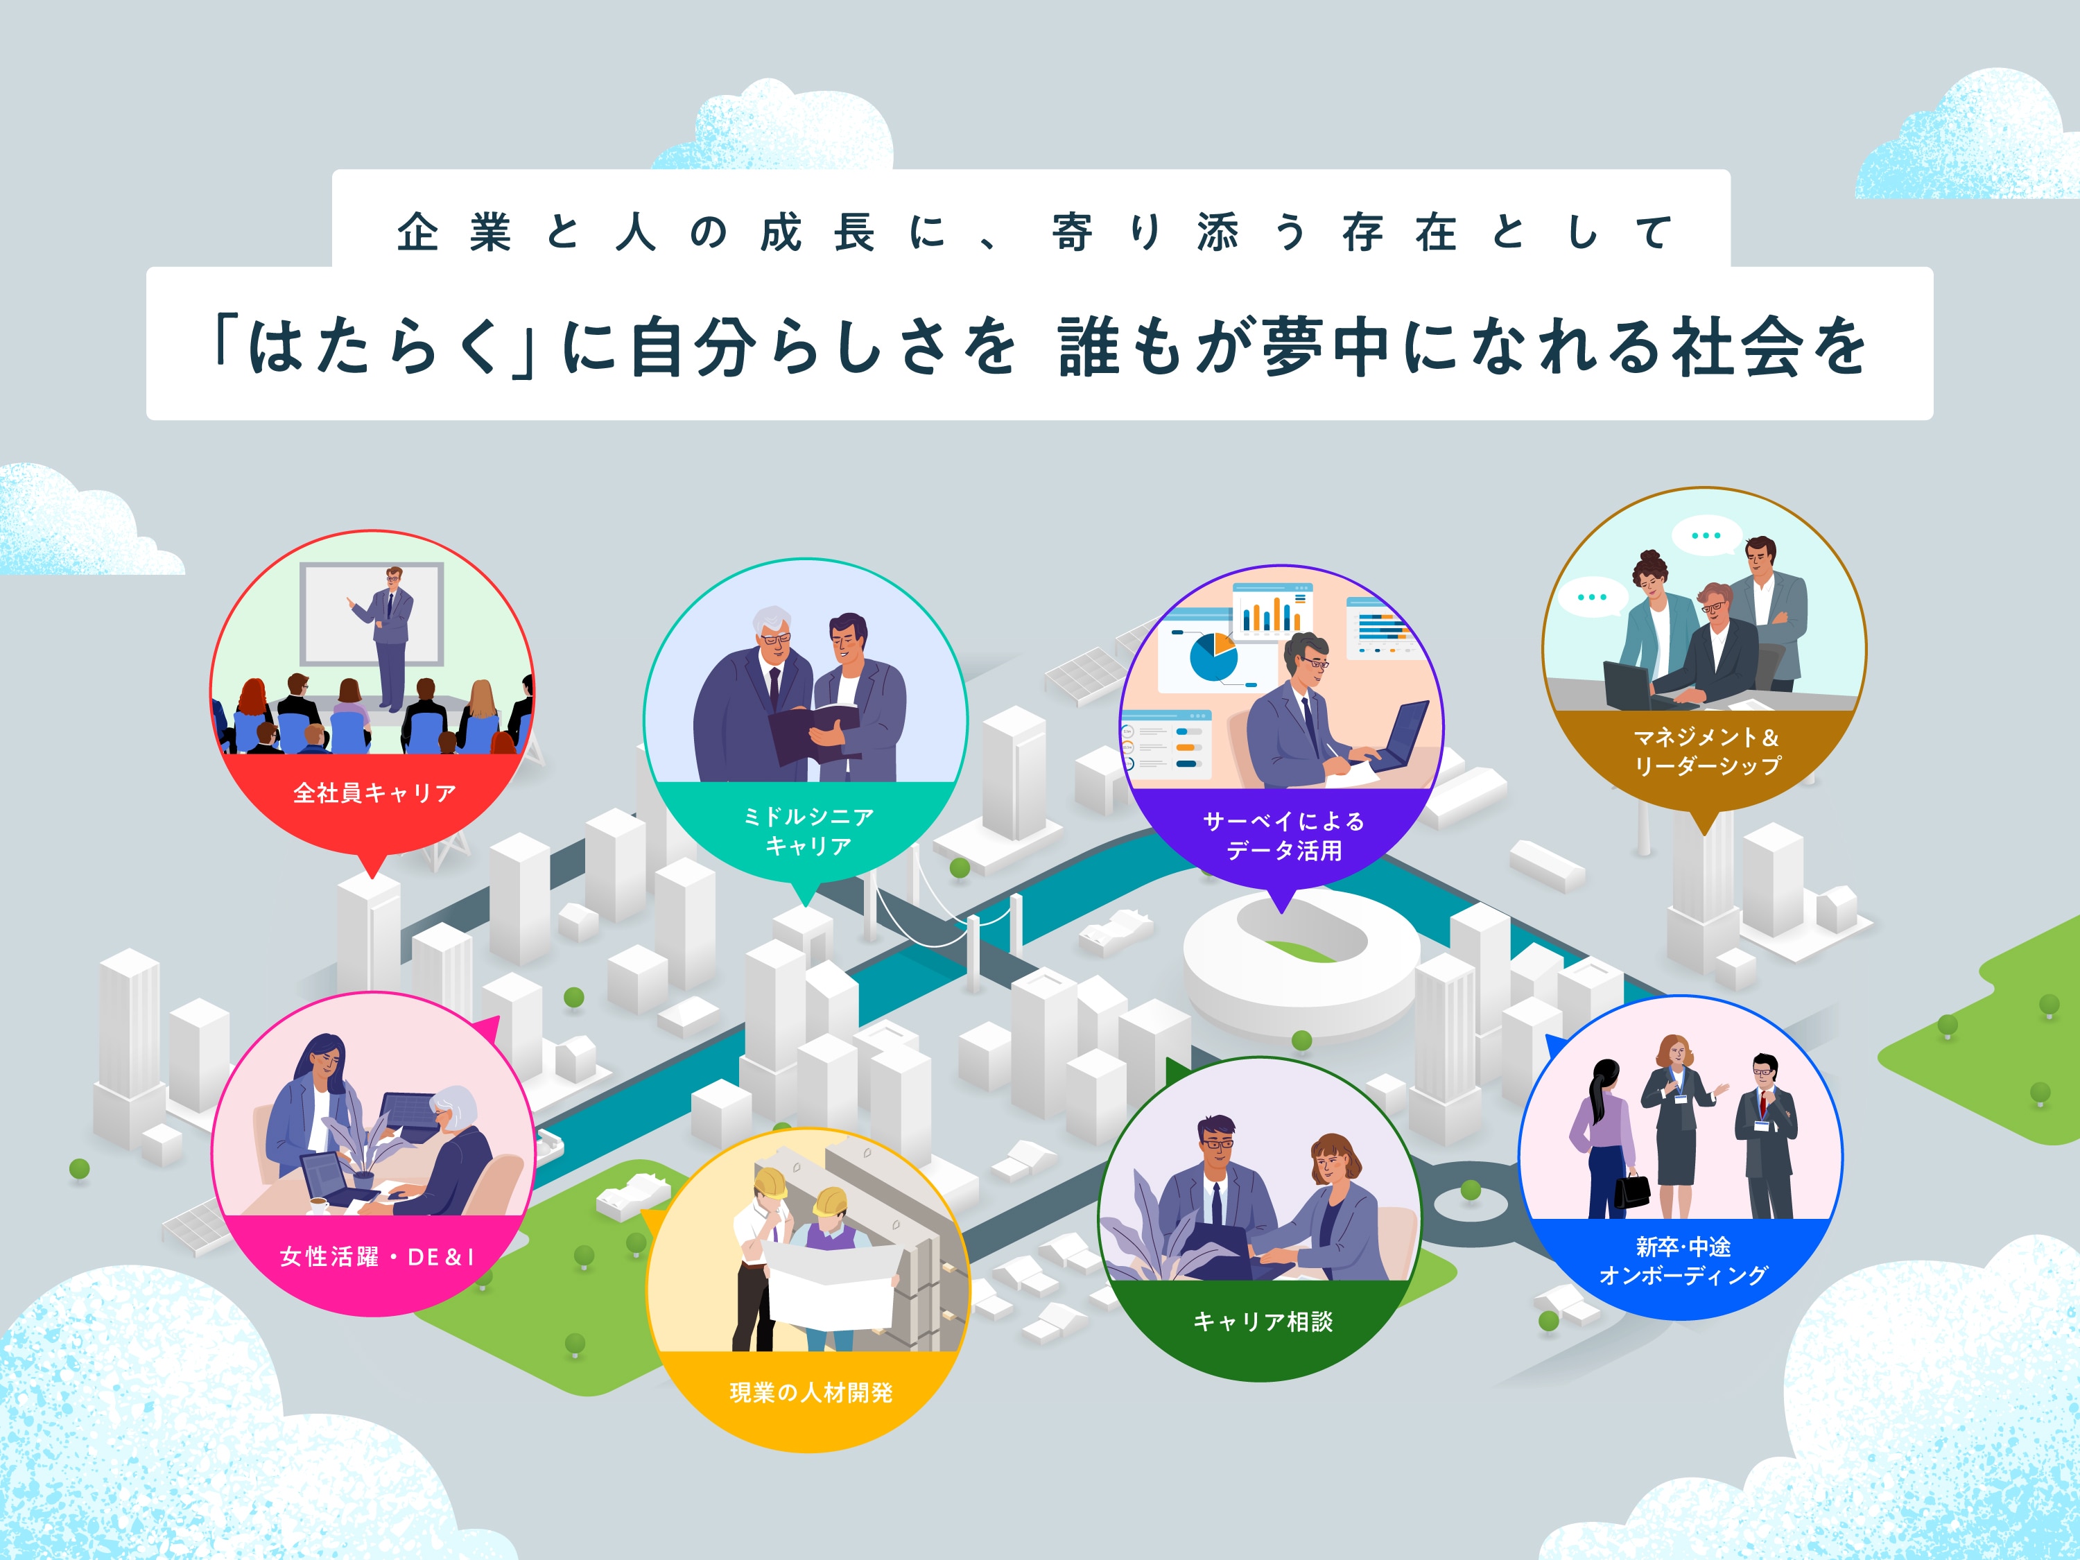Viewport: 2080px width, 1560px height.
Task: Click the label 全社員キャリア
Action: (x=374, y=792)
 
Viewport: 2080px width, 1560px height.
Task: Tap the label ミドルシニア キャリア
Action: (x=808, y=831)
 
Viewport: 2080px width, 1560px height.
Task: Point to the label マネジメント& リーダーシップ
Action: (x=1706, y=752)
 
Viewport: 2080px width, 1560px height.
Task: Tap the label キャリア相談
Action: (x=1262, y=1321)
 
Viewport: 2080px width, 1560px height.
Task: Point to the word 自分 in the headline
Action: (x=694, y=347)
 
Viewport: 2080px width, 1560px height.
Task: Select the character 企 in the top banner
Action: (x=417, y=232)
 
